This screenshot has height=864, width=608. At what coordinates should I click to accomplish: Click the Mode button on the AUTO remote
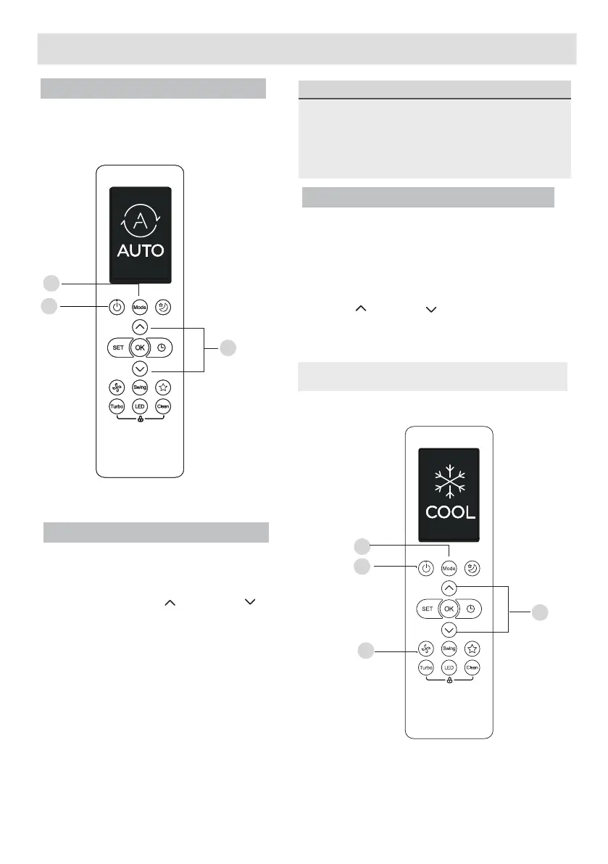(141, 306)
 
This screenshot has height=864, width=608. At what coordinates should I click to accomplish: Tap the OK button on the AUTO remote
(141, 347)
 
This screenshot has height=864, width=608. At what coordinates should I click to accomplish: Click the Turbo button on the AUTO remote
(117, 406)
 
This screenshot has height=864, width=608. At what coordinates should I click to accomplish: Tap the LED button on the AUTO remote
(141, 406)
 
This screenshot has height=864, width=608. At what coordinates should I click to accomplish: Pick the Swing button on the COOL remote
(449, 647)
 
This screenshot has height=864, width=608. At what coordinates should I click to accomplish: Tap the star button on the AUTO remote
(163, 387)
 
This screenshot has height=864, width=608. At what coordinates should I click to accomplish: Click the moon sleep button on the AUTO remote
(164, 306)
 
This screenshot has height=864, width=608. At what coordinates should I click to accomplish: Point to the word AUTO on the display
(141, 251)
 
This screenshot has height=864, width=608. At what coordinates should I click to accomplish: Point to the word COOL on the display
(450, 512)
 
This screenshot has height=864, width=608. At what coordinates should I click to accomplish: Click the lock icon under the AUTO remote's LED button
(141, 420)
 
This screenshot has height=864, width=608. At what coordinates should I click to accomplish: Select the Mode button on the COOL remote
(449, 567)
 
